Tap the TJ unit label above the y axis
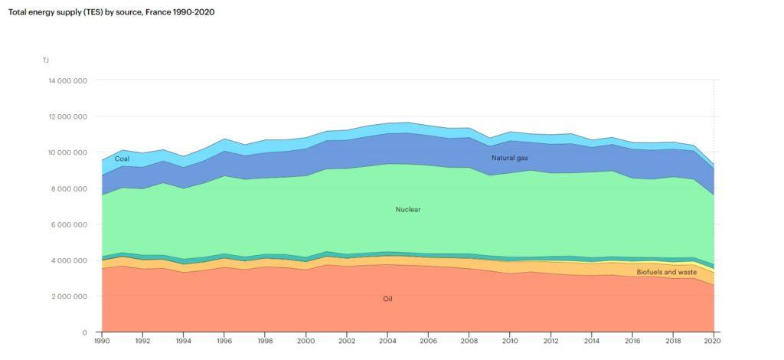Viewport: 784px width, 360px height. (47, 60)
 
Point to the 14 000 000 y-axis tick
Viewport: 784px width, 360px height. (68, 80)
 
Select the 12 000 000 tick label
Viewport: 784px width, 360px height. (68, 116)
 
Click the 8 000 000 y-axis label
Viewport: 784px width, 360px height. (70, 188)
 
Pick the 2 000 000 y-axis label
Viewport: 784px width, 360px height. (70, 296)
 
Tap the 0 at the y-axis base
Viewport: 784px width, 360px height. (84, 332)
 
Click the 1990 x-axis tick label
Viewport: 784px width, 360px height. (101, 341)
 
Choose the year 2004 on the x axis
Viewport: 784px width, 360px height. (387, 341)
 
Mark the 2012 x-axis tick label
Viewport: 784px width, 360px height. (550, 341)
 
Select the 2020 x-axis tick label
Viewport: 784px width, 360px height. (714, 341)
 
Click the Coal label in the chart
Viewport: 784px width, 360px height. (122, 159)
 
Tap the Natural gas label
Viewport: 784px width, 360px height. (509, 158)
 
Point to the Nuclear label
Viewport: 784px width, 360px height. (407, 209)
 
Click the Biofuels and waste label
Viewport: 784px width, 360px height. (666, 272)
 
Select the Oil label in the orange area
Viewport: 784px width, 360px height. (387, 299)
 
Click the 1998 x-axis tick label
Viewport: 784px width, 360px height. (265, 341)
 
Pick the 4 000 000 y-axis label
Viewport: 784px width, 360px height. (70, 260)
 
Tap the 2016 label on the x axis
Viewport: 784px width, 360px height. (632, 341)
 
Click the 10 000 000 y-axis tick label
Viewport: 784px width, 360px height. (68, 152)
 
